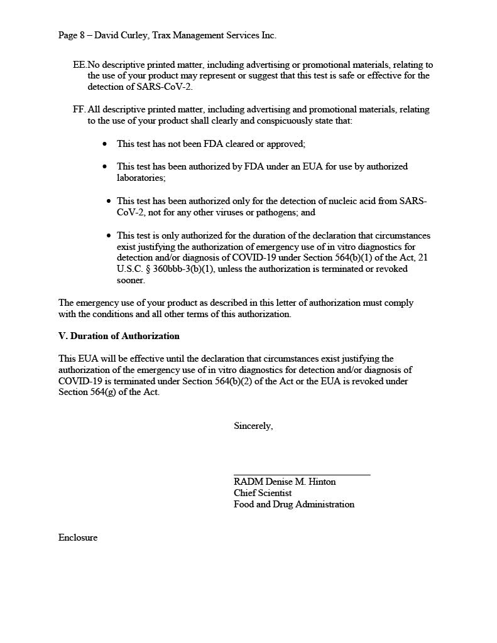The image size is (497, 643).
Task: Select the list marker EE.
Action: point(79,65)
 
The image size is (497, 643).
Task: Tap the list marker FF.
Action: point(79,109)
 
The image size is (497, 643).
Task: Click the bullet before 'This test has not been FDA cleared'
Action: point(105,144)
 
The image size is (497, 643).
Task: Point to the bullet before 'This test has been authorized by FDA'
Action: point(105,167)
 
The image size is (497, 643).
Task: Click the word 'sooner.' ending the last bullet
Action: point(131,280)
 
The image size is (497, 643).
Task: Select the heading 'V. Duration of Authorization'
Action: point(119,336)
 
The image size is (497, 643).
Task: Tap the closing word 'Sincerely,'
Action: point(253,426)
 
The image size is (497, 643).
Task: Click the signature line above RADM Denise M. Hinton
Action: point(302,475)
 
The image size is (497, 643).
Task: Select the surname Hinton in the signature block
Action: point(320,482)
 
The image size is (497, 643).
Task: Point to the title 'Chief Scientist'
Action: point(263,493)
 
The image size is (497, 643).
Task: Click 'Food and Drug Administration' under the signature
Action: point(293,504)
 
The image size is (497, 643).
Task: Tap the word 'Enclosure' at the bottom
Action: point(78,538)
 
